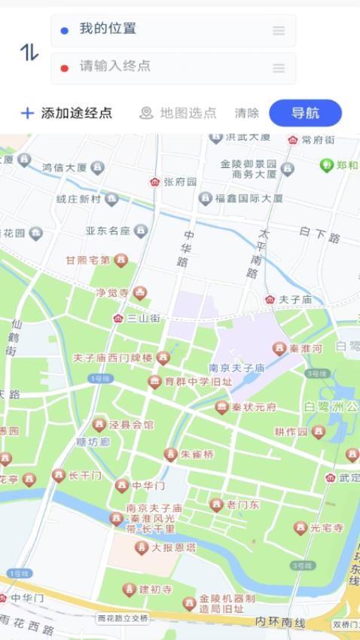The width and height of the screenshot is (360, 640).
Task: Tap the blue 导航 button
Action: tap(305, 113)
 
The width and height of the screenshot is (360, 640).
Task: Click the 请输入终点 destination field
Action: tap(173, 67)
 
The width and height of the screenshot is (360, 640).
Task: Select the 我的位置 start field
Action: tap(173, 30)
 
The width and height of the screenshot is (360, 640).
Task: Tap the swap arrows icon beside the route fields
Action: tap(29, 51)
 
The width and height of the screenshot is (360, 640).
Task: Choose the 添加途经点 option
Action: tap(66, 113)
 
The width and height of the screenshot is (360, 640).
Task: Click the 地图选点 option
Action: tap(178, 113)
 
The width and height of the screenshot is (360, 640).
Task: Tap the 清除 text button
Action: tap(246, 113)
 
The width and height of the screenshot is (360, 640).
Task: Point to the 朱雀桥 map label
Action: tap(197, 455)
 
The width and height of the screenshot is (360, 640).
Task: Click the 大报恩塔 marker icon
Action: tap(141, 547)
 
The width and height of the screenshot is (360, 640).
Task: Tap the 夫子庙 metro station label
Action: tap(295, 300)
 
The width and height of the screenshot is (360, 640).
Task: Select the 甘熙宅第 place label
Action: tap(88, 261)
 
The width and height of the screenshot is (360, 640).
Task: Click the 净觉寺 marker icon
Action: tap(140, 293)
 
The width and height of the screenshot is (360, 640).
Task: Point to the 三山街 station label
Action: tap(143, 318)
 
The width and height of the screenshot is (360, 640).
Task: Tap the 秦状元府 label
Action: tap(253, 407)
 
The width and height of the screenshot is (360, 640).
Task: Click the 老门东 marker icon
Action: tap(217, 504)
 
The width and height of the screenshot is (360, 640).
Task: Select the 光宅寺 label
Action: tap(327, 528)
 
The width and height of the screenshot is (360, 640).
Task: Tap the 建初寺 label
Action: tap(156, 590)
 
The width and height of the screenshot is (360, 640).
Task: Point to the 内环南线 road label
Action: tap(279, 622)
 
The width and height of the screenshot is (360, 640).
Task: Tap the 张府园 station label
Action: tap(180, 182)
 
